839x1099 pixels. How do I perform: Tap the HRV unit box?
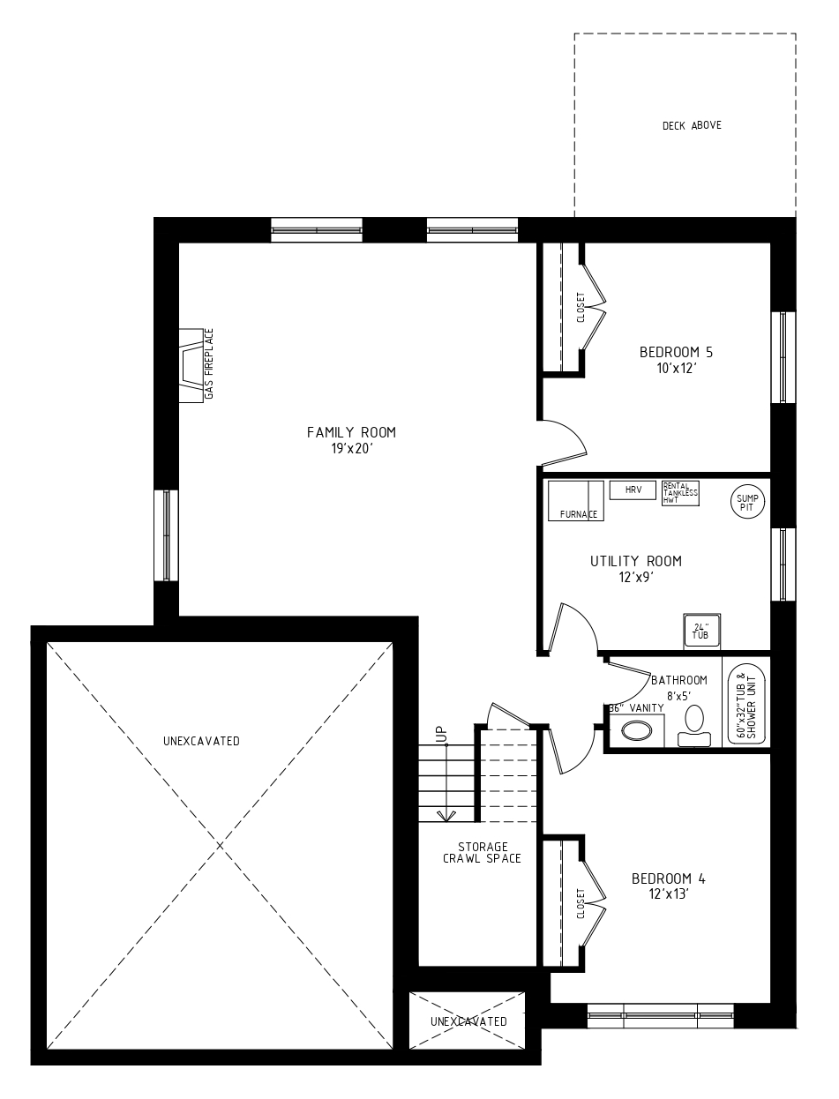point(633,490)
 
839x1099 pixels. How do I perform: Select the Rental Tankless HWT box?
point(680,493)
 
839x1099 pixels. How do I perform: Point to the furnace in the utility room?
point(576,501)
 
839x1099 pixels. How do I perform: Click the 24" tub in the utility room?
point(702,632)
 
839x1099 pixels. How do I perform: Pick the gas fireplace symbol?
point(191,365)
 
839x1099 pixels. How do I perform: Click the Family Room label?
point(351,432)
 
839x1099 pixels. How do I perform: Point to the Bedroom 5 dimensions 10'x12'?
point(677,369)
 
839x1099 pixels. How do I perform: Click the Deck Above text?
point(692,125)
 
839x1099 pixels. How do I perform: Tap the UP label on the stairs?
point(441,734)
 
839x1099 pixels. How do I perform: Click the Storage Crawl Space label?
point(482,853)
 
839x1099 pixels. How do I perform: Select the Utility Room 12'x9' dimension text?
point(636,578)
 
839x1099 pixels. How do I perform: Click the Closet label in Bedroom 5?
point(581,308)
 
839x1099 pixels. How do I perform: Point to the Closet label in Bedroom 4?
point(581,904)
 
